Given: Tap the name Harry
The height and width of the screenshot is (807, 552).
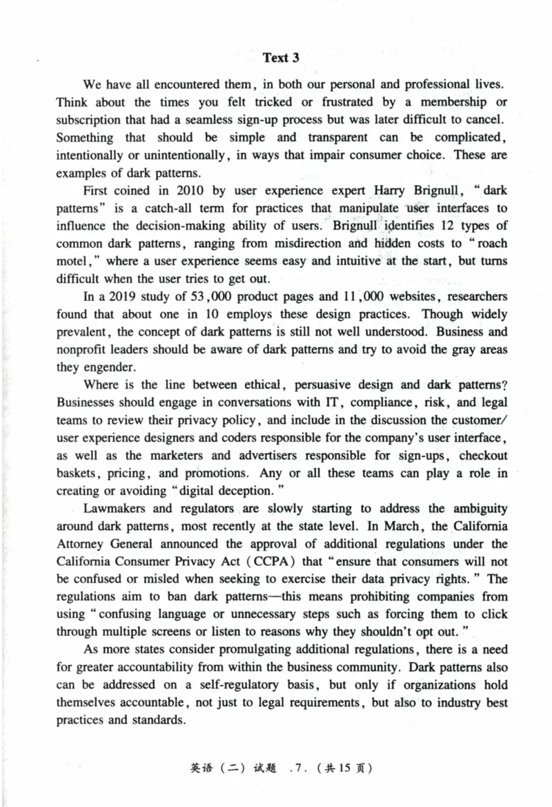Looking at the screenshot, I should (391, 191).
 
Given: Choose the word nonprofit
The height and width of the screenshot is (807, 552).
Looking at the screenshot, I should (82, 350).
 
